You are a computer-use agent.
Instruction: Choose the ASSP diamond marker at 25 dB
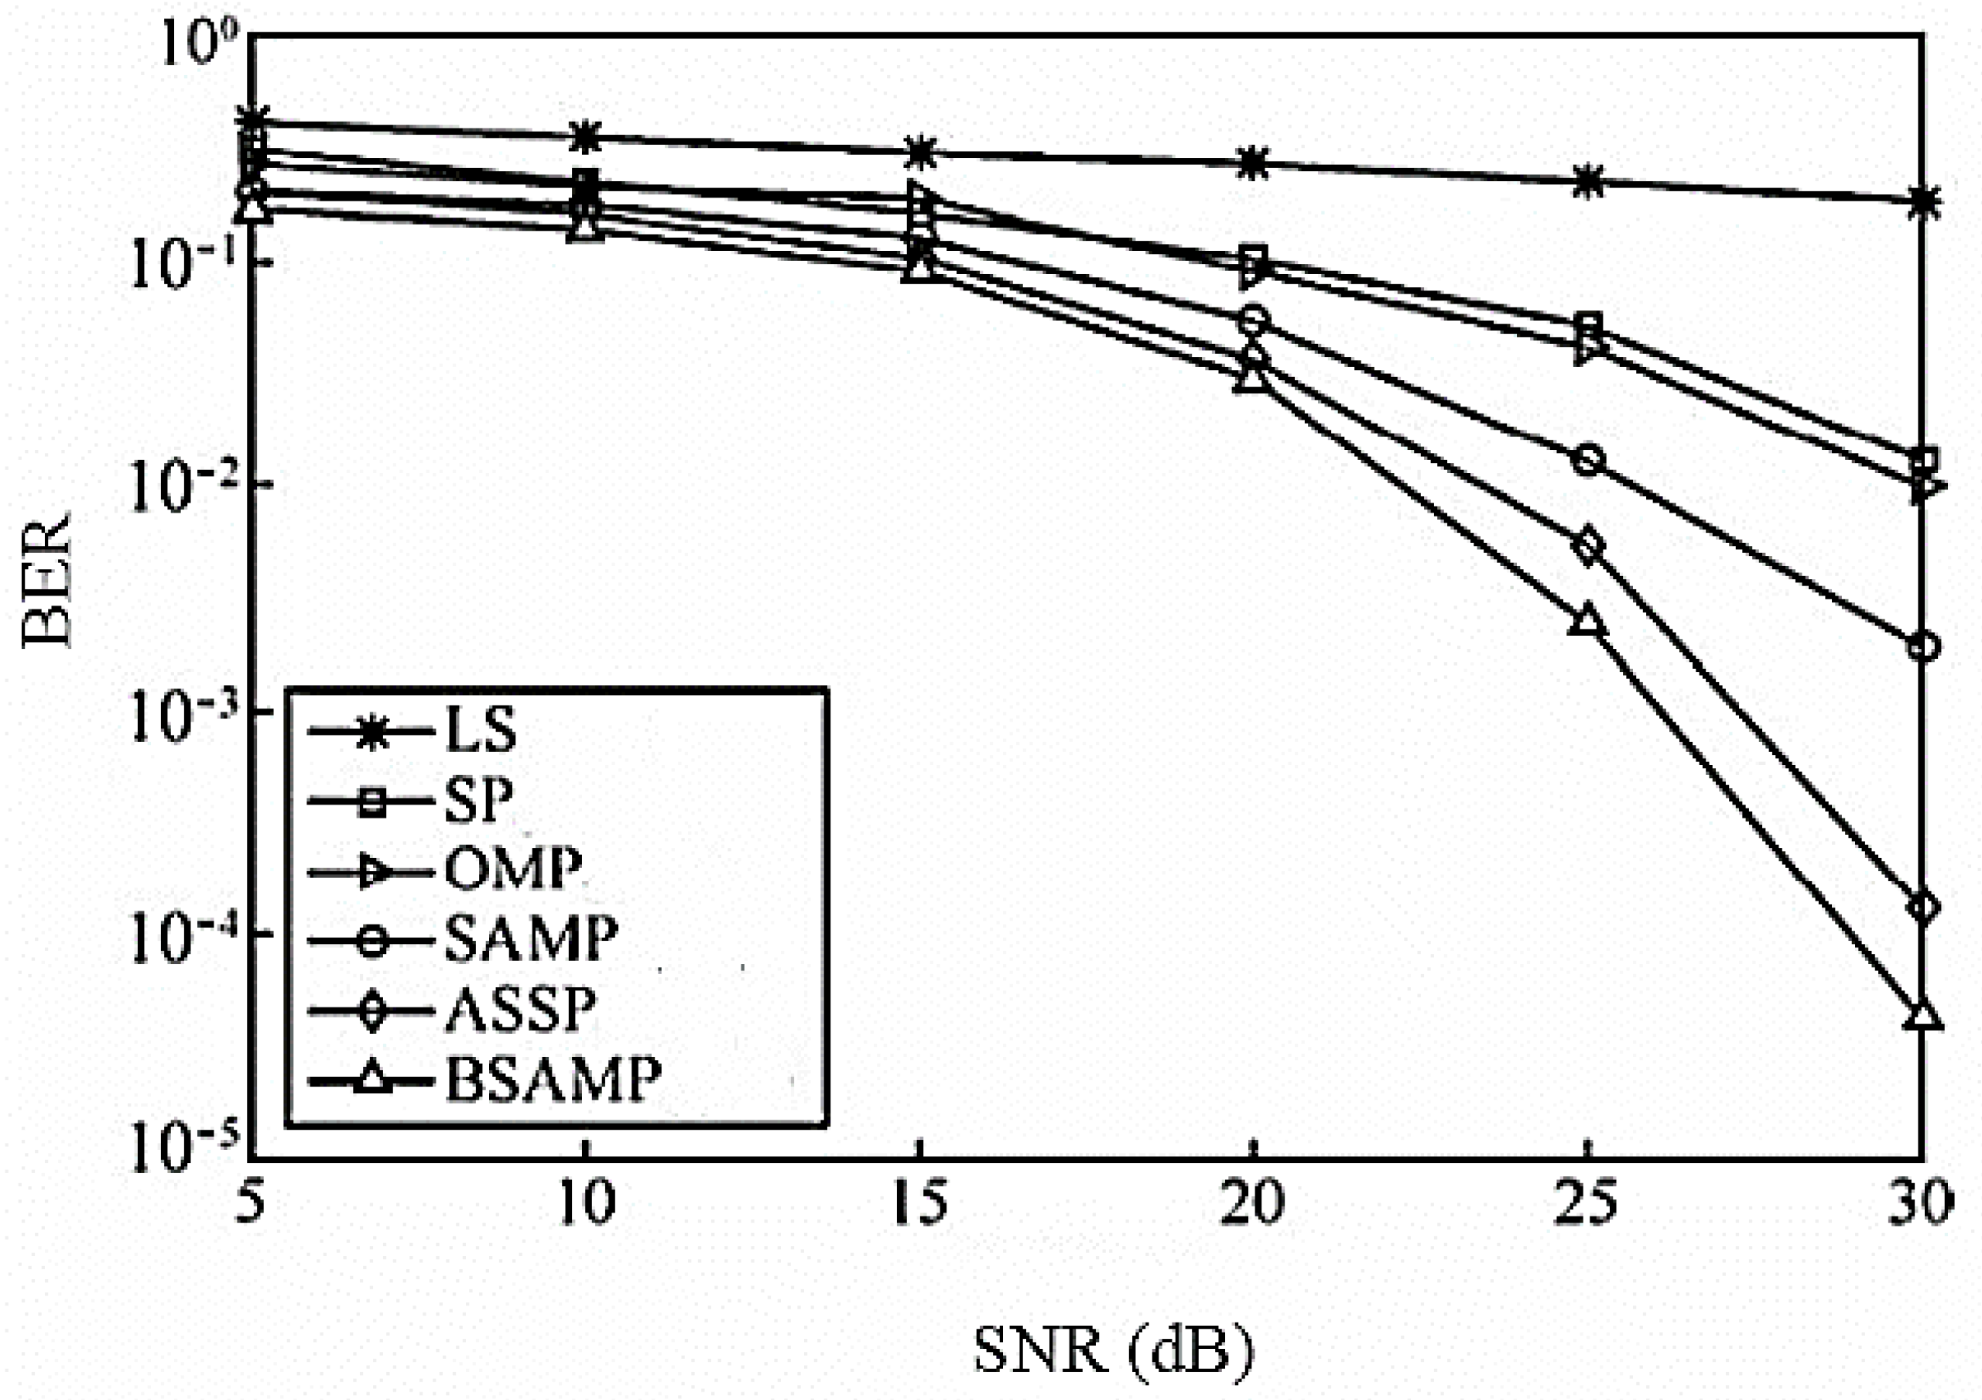[1588, 546]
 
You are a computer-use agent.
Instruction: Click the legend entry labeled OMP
[513, 870]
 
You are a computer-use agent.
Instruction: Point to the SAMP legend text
[531, 938]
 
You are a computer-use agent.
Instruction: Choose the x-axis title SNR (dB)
[1113, 1352]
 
